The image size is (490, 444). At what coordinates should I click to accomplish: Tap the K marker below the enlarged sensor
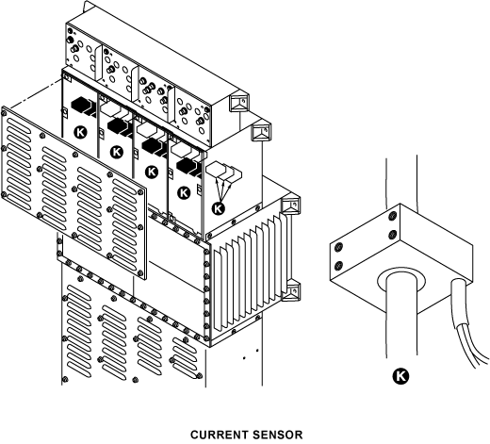[400, 376]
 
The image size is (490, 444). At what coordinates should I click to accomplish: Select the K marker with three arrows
[219, 208]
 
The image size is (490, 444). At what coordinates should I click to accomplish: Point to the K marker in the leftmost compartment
[81, 132]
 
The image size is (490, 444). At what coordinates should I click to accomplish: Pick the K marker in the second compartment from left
[117, 152]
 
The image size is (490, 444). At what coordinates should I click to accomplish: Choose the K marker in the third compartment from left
[152, 172]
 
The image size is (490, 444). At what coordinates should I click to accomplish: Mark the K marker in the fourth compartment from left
[184, 192]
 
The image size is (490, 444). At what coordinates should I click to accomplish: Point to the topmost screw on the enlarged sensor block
[392, 216]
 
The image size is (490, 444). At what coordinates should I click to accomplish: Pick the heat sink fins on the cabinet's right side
[253, 271]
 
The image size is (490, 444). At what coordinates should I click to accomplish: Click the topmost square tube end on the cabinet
[239, 102]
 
